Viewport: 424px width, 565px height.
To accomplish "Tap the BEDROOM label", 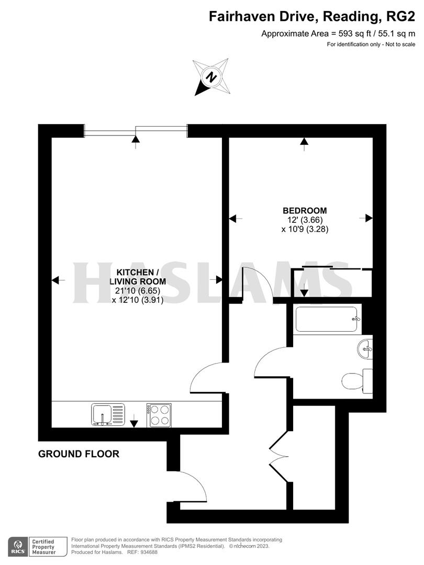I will click(305, 211).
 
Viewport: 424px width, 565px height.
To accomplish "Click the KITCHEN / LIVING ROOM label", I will click(138, 273).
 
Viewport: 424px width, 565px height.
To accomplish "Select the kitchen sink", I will click(108, 414).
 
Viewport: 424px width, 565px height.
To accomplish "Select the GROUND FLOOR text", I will click(79, 454).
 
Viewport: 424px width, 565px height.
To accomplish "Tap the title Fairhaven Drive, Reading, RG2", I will click(312, 17).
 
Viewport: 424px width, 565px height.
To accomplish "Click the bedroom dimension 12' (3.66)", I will click(305, 220).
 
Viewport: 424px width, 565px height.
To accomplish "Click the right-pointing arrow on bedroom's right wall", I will click(369, 218).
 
